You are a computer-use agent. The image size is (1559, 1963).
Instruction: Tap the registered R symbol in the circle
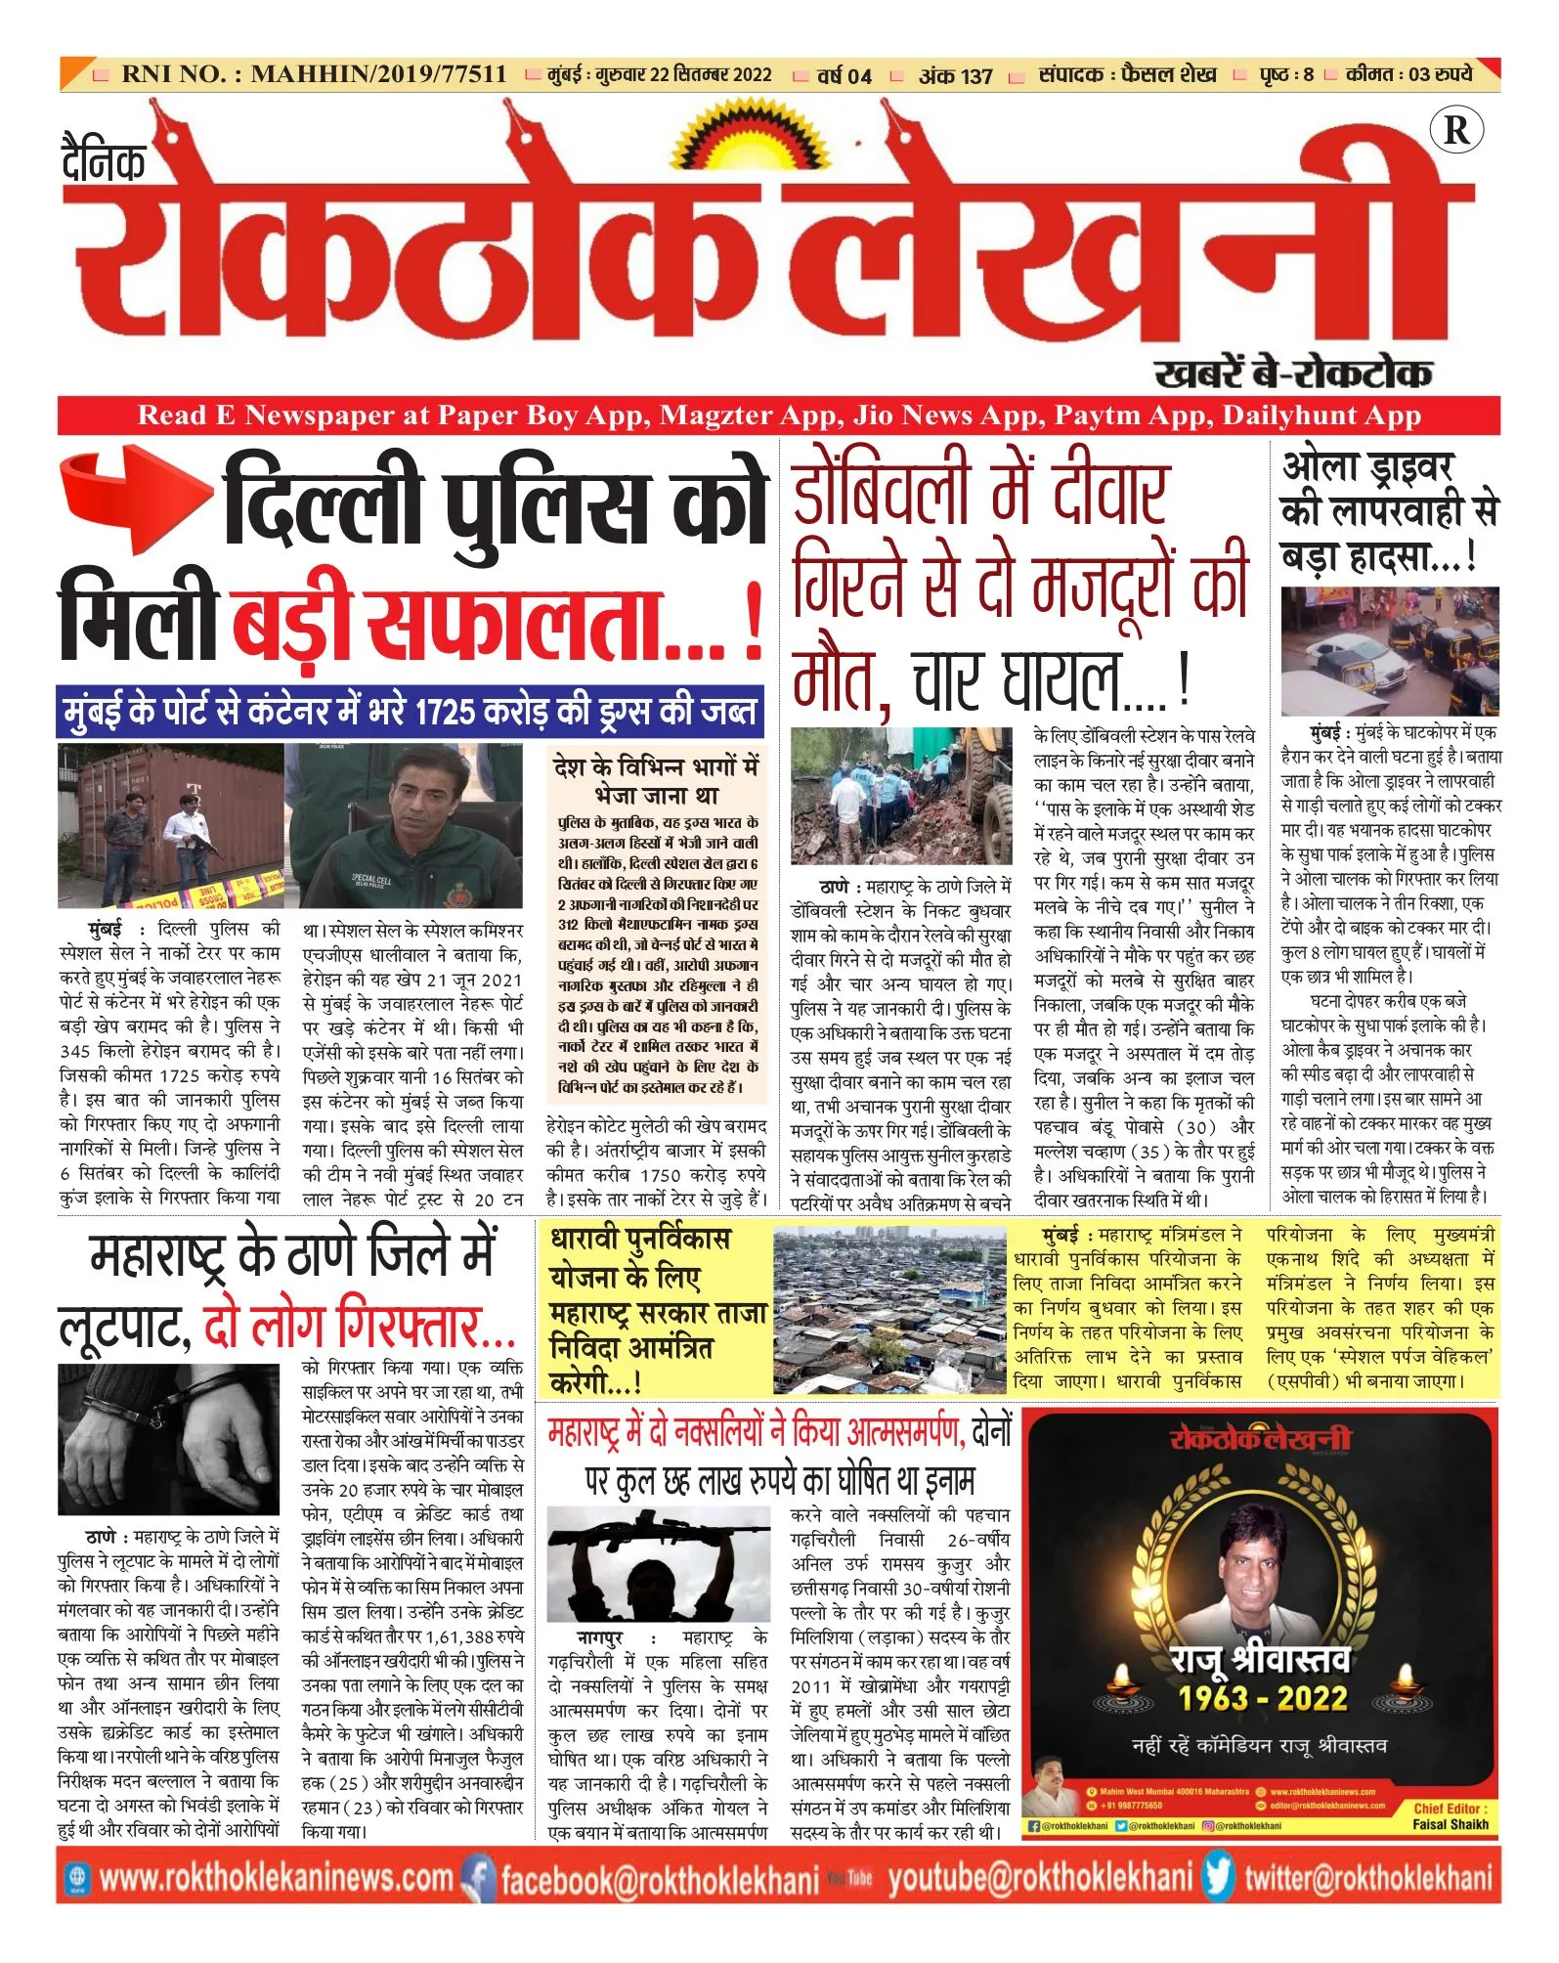[x=1455, y=130]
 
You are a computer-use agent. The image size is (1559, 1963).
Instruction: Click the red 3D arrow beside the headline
[x=135, y=500]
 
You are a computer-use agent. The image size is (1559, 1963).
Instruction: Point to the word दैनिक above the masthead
[x=104, y=160]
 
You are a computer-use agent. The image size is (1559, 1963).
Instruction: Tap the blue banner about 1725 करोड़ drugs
[x=410, y=711]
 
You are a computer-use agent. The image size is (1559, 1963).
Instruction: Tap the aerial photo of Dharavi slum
[x=889, y=1311]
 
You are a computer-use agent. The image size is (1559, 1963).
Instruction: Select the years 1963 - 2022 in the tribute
[x=1262, y=1698]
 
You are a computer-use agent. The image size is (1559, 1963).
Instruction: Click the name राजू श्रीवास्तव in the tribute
[x=1261, y=1658]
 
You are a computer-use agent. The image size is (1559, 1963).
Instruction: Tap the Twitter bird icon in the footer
[x=1218, y=1876]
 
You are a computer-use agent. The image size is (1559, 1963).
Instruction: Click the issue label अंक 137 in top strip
[x=955, y=75]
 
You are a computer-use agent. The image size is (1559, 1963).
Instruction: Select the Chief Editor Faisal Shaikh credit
[x=1451, y=1816]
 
